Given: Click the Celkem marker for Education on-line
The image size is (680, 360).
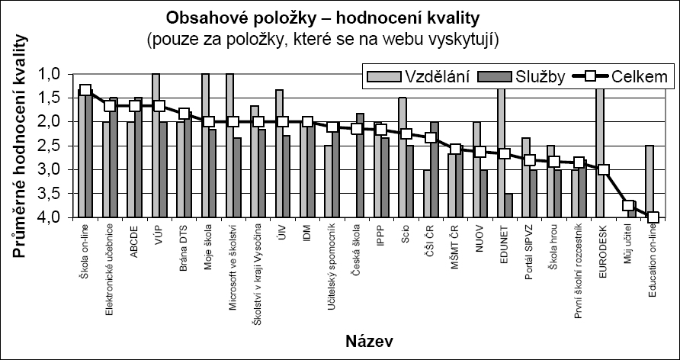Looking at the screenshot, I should point(653,217).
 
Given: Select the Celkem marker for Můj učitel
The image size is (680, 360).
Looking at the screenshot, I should point(628,205).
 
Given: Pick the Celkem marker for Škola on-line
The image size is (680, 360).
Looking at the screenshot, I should point(85,91).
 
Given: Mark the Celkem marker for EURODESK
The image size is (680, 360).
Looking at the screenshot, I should point(603,170).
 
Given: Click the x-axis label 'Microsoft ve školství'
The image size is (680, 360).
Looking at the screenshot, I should point(233,264).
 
